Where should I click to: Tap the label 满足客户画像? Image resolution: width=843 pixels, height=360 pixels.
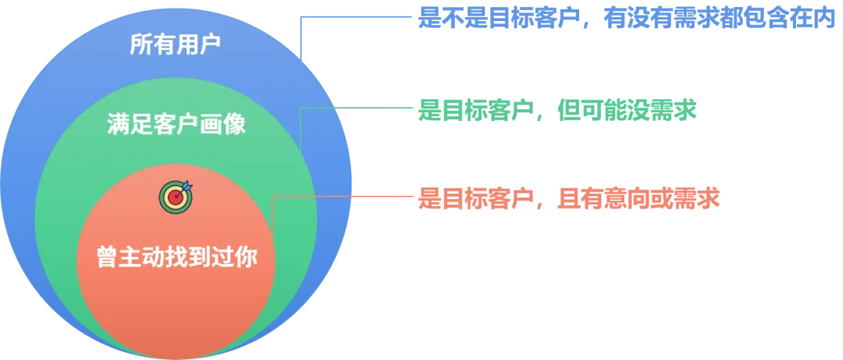176,124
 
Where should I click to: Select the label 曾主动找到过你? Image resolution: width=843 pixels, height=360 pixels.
176,257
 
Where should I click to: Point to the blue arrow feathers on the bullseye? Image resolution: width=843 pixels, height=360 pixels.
185,187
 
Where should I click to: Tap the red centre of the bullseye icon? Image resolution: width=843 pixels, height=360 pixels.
174,198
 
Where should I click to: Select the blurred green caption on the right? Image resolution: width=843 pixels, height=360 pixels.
557,111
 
